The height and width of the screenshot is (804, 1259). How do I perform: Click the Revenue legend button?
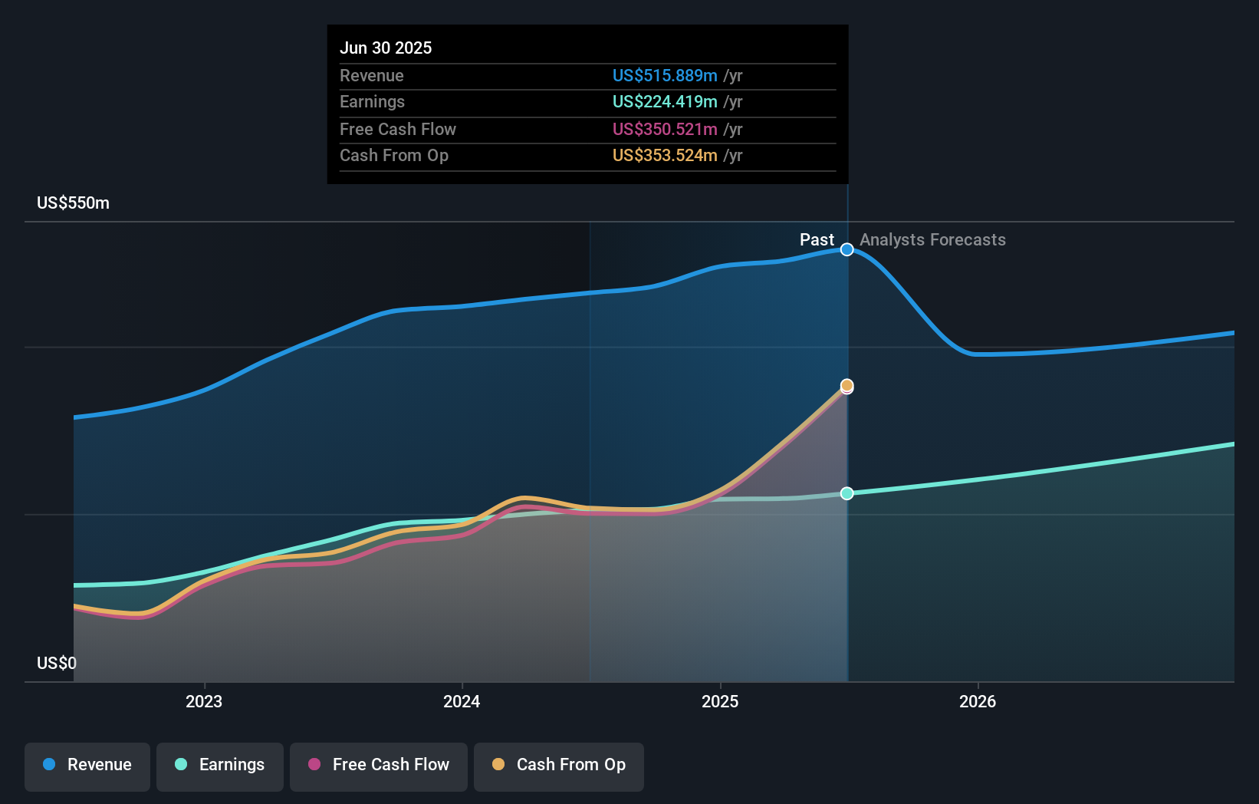coord(87,765)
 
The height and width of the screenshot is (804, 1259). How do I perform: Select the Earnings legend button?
coord(220,765)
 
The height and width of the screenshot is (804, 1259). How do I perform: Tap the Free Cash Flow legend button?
coord(379,765)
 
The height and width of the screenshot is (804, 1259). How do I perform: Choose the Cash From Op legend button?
coord(559,765)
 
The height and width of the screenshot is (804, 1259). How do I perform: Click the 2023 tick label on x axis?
coord(204,702)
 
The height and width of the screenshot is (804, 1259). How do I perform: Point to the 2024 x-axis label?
coord(462,702)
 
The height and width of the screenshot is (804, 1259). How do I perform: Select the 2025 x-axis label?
coord(720,702)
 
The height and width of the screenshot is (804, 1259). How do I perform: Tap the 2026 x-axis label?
coord(978,702)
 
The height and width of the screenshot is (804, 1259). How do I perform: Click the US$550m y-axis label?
coord(74,203)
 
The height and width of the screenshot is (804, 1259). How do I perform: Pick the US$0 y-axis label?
coord(57,664)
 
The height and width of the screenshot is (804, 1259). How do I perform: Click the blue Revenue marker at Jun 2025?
coord(847,249)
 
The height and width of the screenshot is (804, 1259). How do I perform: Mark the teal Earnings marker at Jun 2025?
coord(847,493)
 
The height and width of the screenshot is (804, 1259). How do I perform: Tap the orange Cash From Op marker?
coord(847,385)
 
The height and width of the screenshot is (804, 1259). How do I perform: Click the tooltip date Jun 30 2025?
coord(386,48)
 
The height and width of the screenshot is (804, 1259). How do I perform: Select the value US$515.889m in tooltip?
coord(665,76)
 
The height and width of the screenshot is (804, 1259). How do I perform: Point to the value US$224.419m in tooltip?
coord(665,102)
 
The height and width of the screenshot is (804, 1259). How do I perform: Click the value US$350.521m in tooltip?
coord(665,130)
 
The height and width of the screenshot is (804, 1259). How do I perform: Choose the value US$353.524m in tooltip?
coord(665,156)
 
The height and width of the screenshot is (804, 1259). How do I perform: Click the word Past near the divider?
coord(817,240)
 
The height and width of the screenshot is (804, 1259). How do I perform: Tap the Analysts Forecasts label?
coord(932,240)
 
